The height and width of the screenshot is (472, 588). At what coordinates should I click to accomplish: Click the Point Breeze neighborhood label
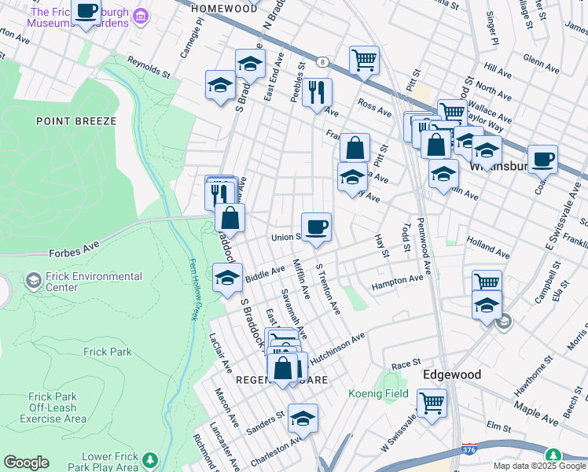tap(75, 121)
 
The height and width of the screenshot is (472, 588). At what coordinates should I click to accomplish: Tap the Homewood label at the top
tap(223, 8)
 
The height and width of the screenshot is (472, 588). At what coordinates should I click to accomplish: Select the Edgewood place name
tap(452, 374)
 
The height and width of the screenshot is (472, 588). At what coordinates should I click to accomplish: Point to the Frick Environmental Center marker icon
tap(34, 280)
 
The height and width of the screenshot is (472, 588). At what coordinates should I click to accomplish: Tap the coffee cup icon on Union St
tap(316, 228)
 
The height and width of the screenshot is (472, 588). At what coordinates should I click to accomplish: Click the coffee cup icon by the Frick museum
tap(86, 11)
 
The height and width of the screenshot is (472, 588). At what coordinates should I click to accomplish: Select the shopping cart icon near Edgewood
tap(432, 403)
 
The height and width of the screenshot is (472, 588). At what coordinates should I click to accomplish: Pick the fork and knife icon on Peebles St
tap(318, 92)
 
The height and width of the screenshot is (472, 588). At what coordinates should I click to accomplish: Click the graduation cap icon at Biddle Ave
tap(228, 278)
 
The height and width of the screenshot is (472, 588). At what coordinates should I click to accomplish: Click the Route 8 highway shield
tap(322, 61)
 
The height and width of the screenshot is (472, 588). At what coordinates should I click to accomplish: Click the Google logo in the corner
tap(26, 463)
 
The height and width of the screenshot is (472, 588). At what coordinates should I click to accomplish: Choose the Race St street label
tap(406, 365)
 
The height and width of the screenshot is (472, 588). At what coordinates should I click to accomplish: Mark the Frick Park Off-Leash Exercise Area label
tap(53, 407)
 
